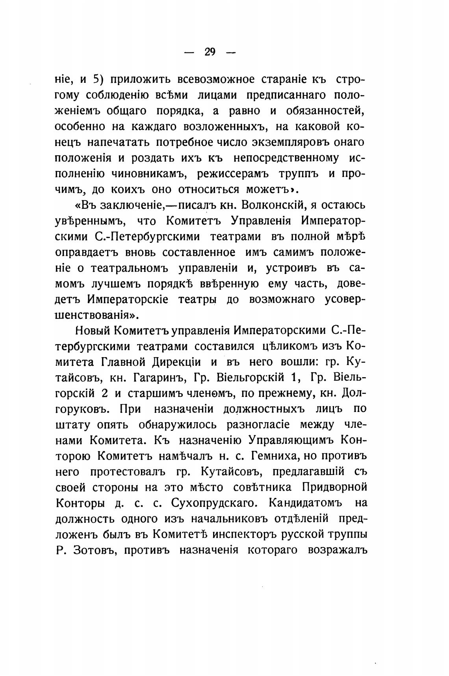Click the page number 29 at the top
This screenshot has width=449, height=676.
tap(210, 52)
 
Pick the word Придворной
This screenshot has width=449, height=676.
tap(334, 488)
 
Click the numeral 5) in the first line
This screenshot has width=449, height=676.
tap(97, 80)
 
